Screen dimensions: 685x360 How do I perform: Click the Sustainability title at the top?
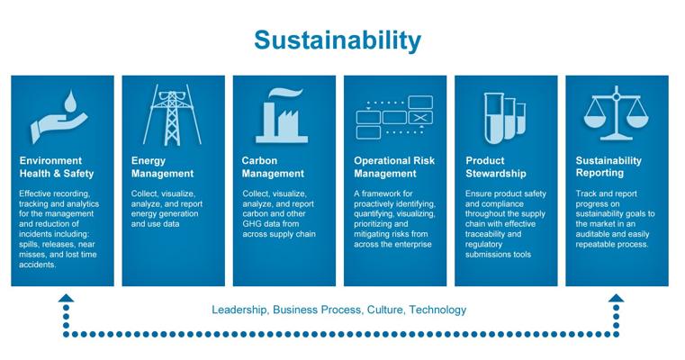338,41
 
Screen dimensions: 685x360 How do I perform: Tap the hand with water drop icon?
59,117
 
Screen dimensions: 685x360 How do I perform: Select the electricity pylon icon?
172,115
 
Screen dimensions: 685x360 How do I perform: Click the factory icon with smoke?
282,116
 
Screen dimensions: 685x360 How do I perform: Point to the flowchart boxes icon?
394,117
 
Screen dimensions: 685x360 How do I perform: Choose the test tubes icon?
505,118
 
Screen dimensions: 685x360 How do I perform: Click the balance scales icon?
616,113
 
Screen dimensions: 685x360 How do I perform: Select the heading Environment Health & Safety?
57,166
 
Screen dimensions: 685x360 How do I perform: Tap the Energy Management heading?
162,166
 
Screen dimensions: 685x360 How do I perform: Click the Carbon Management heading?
273,166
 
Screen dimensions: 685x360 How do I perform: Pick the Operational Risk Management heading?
394,166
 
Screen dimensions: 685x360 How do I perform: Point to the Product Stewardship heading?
496,166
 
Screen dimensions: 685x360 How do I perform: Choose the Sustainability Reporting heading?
608,166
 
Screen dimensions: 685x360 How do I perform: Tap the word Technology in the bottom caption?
437,310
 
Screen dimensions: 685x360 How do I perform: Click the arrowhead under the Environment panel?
66,298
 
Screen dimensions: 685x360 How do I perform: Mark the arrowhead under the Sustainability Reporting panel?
616,298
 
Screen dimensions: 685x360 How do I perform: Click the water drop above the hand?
70,101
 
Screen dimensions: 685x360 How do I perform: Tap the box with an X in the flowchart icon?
420,118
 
